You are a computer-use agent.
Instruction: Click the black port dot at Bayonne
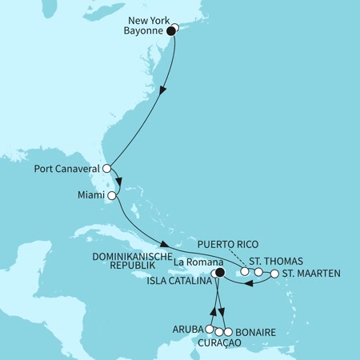pos(170,31)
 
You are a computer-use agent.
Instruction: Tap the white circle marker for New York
pos(175,28)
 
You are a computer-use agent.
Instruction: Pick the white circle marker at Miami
pos(112,195)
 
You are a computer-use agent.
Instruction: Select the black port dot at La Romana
pos(220,272)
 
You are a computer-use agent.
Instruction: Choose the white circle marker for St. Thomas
pos(258,272)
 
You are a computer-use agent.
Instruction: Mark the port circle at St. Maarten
pos(274,274)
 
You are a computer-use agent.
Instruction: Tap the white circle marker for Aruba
pos(210,329)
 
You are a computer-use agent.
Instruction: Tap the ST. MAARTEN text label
pos(311,274)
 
